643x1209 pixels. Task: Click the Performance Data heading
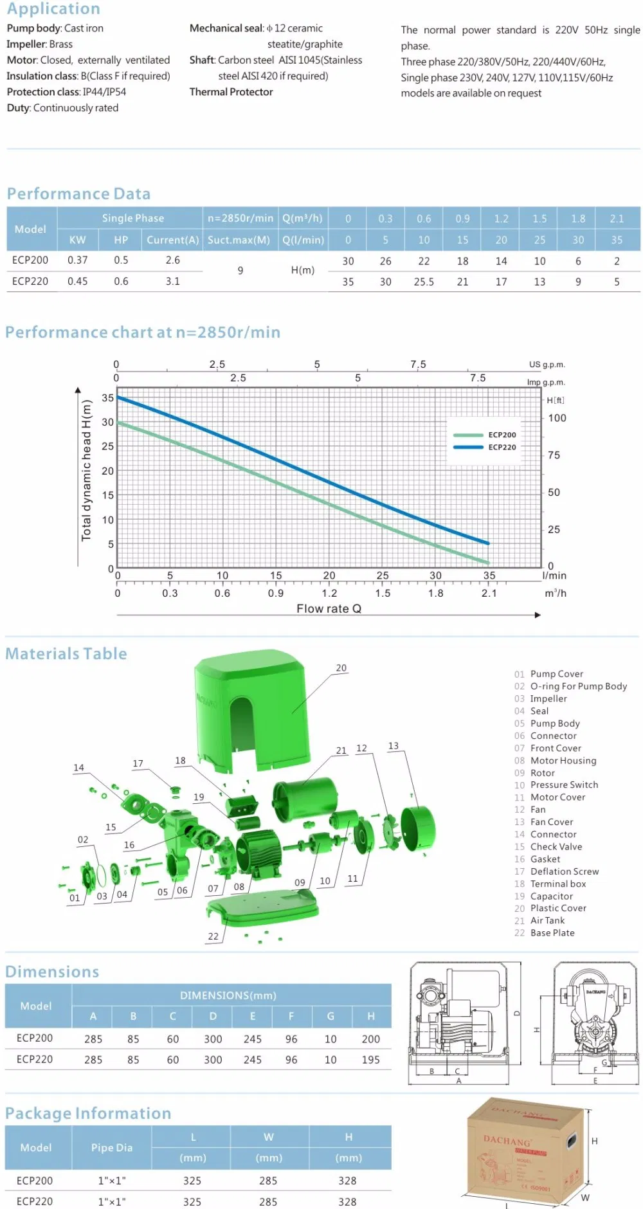78,194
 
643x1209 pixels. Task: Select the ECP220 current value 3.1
173,281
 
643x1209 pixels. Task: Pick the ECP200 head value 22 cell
424,261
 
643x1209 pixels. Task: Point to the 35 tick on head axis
107,398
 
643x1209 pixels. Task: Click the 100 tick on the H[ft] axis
557,418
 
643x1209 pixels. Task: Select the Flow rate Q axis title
329,608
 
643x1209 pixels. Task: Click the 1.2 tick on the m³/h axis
329,593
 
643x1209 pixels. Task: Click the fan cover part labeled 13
418,830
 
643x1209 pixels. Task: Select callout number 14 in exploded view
78,767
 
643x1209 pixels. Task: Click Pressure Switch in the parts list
564,785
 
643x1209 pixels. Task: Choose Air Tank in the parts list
547,920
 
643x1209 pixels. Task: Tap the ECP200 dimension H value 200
370,1039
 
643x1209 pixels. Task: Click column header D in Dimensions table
213,1016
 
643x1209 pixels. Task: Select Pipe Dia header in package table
111,1147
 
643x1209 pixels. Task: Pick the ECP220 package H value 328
347,1201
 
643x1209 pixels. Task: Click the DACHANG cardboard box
524,1151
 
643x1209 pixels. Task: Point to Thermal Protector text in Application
231,92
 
